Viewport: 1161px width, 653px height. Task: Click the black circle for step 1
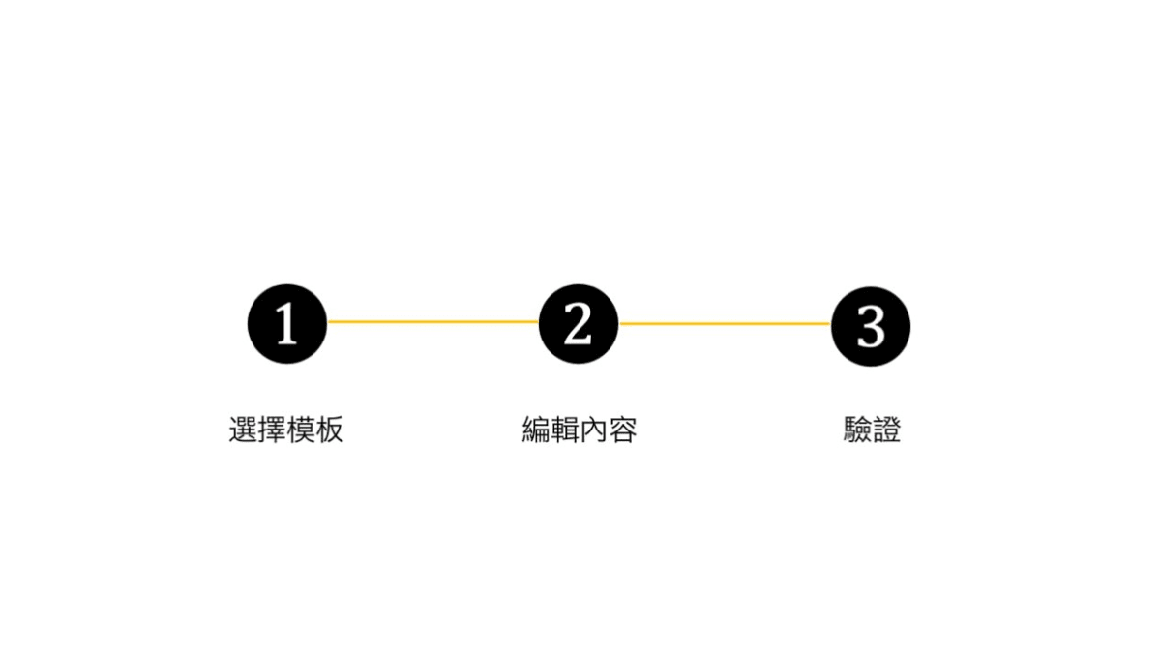[287, 324]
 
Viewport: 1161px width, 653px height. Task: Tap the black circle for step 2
[579, 324]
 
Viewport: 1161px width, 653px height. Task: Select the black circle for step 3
[871, 327]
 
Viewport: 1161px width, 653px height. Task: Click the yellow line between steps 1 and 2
[433, 322]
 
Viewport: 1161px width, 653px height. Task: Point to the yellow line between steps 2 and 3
[725, 323]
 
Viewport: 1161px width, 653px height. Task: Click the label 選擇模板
[286, 430]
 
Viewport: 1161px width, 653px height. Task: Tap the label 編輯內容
[579, 430]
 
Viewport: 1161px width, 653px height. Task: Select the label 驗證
[872, 430]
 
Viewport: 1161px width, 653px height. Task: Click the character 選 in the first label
[243, 430]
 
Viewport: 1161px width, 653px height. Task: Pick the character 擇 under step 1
[272, 430]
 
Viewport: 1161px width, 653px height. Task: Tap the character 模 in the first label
[301, 430]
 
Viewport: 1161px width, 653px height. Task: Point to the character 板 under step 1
[330, 430]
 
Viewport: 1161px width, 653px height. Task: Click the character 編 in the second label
[536, 430]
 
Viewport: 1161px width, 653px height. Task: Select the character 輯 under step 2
[564, 430]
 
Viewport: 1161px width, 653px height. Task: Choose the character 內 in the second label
[593, 430]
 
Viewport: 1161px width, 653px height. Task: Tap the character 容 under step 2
[622, 430]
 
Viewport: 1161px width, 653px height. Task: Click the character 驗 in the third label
[857, 430]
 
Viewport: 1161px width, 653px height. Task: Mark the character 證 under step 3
[887, 430]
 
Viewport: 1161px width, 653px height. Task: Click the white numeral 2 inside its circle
[578, 323]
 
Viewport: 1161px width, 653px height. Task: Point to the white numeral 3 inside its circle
[871, 327]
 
